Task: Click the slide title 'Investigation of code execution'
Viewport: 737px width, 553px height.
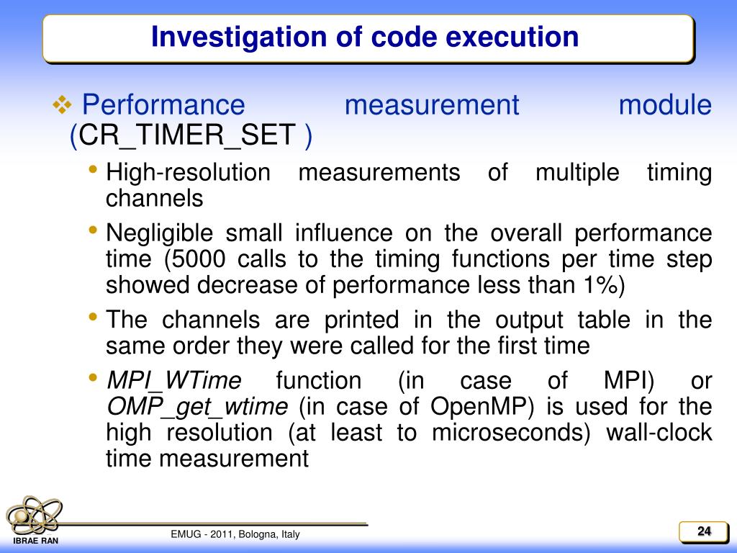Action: (x=365, y=37)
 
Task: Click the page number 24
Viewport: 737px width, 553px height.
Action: (x=703, y=532)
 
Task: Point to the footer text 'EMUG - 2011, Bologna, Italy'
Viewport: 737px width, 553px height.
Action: (x=235, y=534)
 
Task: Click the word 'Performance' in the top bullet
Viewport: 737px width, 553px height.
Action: (x=163, y=105)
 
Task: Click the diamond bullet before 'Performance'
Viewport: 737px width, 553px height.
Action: (x=63, y=106)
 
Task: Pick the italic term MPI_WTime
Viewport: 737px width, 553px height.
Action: (x=173, y=380)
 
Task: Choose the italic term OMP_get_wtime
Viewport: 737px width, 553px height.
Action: (x=196, y=407)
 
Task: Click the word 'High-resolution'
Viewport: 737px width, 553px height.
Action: (x=188, y=173)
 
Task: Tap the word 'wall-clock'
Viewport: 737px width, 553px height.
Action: (x=659, y=433)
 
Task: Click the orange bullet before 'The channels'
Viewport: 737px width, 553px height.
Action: (x=94, y=318)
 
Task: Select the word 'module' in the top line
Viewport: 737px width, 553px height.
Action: (x=665, y=105)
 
